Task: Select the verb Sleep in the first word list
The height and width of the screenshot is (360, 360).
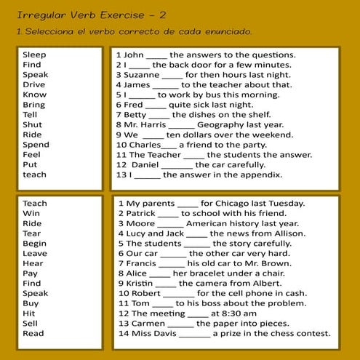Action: click(34, 55)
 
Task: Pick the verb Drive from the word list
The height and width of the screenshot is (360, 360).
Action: click(33, 84)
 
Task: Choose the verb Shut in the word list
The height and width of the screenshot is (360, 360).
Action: click(33, 124)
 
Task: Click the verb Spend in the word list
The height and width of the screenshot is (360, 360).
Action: click(36, 145)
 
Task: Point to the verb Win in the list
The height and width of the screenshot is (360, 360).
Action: click(31, 213)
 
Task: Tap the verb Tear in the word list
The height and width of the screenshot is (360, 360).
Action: click(32, 233)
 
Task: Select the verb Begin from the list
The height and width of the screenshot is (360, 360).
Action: click(34, 244)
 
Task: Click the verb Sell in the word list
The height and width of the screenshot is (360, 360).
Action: click(31, 324)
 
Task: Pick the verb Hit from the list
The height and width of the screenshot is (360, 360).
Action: click(29, 313)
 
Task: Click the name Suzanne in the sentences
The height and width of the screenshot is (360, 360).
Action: click(141, 74)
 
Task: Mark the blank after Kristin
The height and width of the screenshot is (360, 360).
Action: click(166, 284)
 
